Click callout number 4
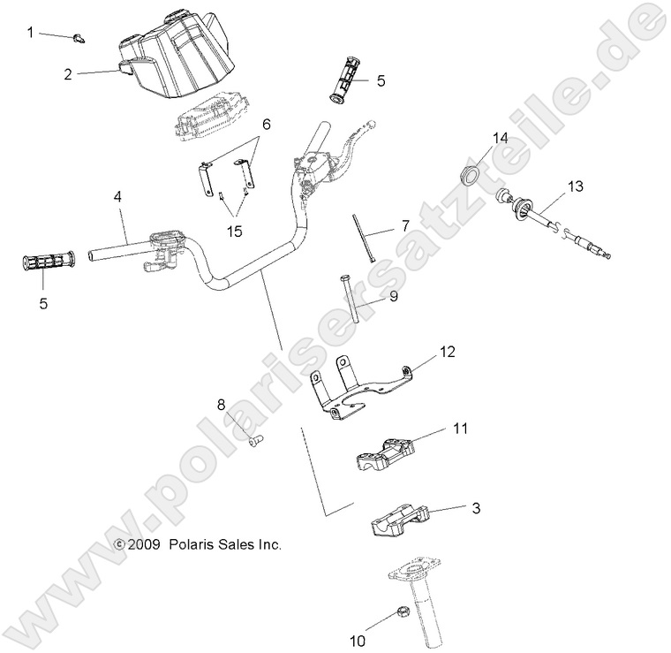click(x=117, y=198)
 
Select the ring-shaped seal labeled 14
click(x=472, y=173)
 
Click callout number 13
click(x=576, y=186)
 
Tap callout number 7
click(x=405, y=226)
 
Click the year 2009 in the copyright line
click(x=143, y=545)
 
